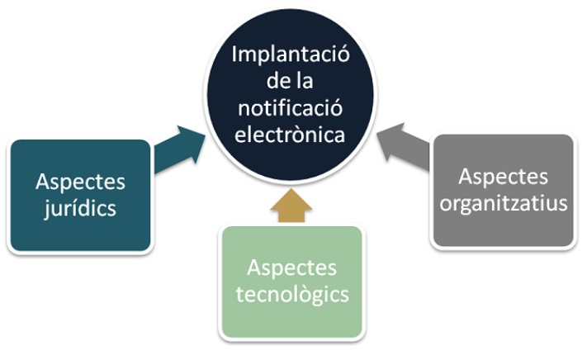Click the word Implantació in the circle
290,55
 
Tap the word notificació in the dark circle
290,108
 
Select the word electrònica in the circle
290,135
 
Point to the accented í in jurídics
70,207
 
